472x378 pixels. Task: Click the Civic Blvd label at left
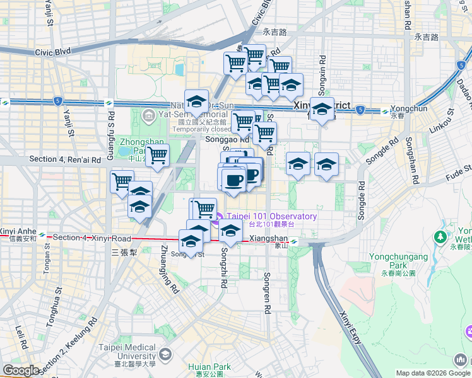click(x=53, y=53)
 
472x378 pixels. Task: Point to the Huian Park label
click(x=209, y=367)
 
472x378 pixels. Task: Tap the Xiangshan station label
click(x=268, y=240)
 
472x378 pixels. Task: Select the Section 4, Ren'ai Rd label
click(x=65, y=160)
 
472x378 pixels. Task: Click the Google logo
click(x=21, y=370)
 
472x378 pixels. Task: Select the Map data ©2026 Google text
click(x=432, y=373)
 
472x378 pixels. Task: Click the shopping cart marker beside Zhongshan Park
click(x=157, y=154)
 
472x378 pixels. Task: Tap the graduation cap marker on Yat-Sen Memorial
click(x=197, y=101)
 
